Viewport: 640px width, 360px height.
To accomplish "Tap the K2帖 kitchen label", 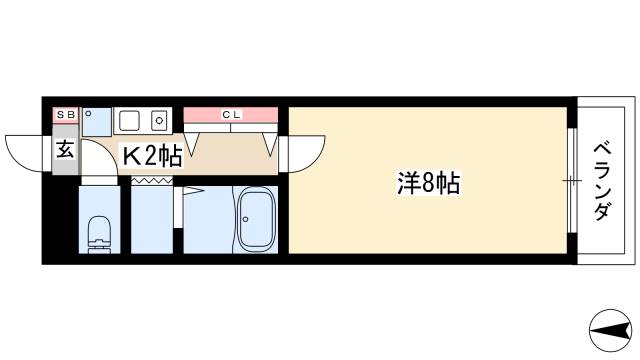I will pyautogui.click(x=152, y=155).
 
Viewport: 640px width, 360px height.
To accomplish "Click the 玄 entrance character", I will pyautogui.click(x=65, y=151).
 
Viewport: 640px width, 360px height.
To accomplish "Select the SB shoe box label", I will pyautogui.click(x=65, y=115).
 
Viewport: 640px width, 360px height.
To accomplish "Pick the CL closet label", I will pyautogui.click(x=231, y=115).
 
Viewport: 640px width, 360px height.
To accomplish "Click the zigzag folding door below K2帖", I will pyautogui.click(x=152, y=181).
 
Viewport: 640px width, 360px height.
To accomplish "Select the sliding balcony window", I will pyautogui.click(x=572, y=181).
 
